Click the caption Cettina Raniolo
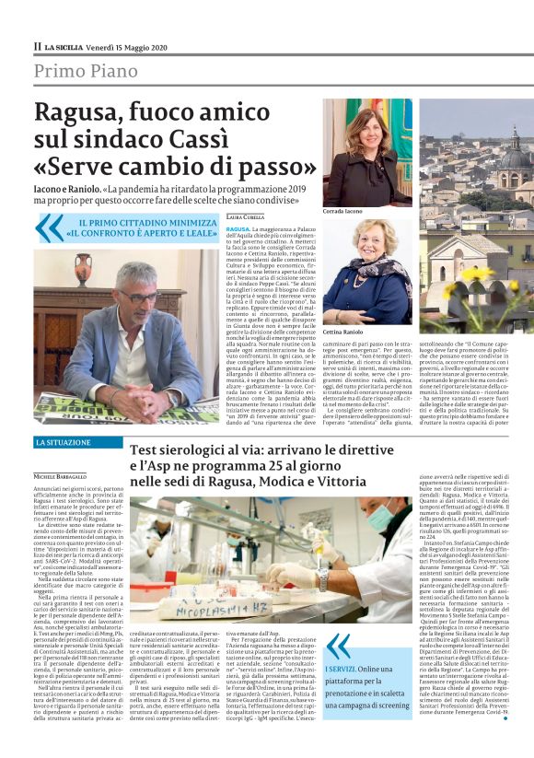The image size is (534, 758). tap(346, 331)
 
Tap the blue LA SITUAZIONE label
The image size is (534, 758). tap(64, 443)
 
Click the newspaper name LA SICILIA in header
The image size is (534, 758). tap(66, 46)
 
